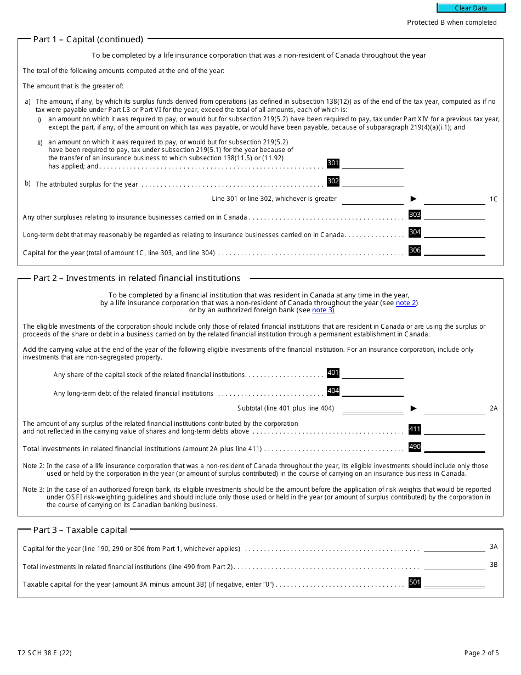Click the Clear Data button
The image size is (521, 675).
471,8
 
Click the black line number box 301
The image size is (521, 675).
333,163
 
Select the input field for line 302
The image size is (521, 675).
372,181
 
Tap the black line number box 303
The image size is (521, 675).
415,215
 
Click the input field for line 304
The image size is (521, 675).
454,233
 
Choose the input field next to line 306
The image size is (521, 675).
454,251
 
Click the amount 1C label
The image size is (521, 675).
493,199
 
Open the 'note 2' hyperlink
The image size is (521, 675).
406,303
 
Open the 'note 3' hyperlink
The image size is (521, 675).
322,311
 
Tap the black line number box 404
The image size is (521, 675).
333,391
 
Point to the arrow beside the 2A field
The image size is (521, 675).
414,408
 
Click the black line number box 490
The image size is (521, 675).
415,447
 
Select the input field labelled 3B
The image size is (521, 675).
454,565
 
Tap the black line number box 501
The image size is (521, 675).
415,582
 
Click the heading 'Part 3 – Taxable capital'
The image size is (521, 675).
80,530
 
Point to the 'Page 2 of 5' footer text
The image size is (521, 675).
481,653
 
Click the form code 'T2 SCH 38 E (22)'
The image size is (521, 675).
44,653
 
